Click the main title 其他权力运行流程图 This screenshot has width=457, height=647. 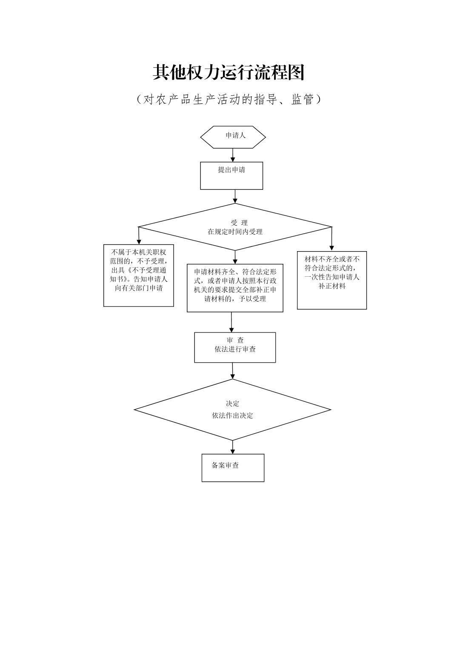pos(228,73)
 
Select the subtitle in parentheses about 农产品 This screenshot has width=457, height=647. pos(228,100)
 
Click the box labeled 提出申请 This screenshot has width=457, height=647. pos(231,175)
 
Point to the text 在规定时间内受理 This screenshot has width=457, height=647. pos(235,232)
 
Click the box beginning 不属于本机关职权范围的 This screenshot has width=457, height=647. pos(139,275)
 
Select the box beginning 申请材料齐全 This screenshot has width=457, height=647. pos(235,288)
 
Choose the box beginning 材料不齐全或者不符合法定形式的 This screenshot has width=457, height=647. pos(332,280)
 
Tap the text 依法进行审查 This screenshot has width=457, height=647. pos(235,349)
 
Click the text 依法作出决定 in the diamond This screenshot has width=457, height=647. pos(232,416)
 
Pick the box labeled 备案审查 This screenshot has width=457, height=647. pos(233,468)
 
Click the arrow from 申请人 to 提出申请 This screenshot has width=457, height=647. pos(233,155)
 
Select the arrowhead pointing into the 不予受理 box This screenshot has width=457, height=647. pos(139,242)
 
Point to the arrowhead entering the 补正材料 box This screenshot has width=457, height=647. pos(332,248)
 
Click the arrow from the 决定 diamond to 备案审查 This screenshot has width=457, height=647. pos(233,447)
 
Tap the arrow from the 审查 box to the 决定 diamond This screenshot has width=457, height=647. pos(233,371)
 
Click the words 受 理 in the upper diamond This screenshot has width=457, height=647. pos(239,223)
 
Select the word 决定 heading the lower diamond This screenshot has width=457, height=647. pos(232,404)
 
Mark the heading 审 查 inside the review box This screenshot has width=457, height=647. pos(235,340)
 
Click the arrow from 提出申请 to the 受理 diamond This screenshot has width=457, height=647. pos(235,197)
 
